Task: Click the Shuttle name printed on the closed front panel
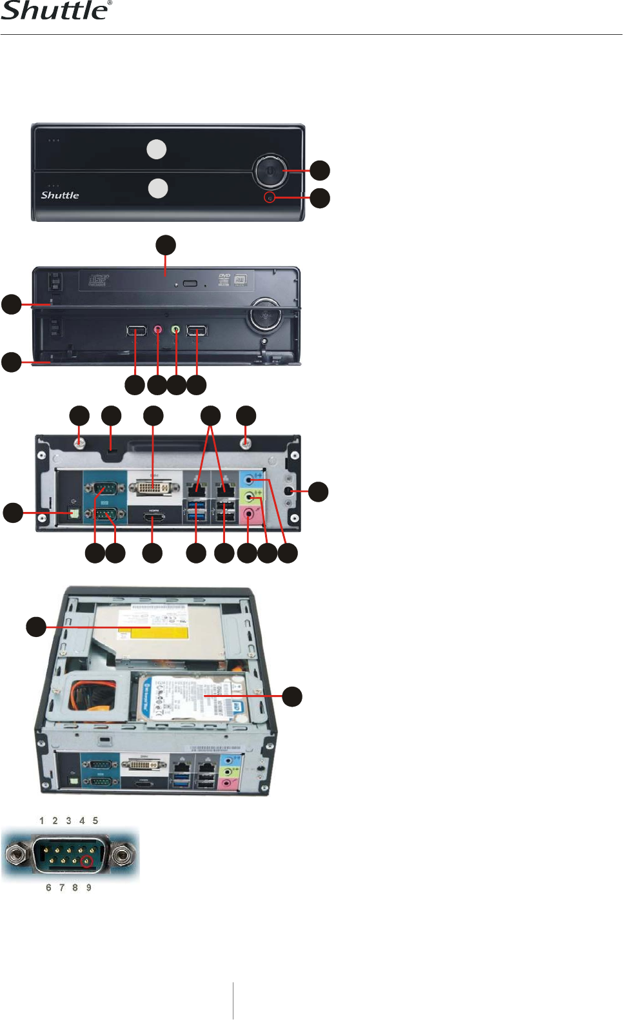tap(60, 195)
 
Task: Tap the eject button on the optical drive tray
tap(190, 284)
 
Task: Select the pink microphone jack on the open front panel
tap(159, 330)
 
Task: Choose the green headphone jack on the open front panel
tap(176, 329)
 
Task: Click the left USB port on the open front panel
tap(136, 331)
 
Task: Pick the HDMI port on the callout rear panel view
tap(153, 516)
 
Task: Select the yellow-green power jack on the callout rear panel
tap(74, 513)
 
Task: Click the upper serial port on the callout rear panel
tap(104, 488)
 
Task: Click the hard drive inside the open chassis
tap(193, 700)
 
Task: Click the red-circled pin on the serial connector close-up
tap(86, 861)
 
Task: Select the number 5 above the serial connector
tap(95, 821)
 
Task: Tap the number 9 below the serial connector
tap(89, 888)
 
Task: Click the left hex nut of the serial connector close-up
tap(16, 855)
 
